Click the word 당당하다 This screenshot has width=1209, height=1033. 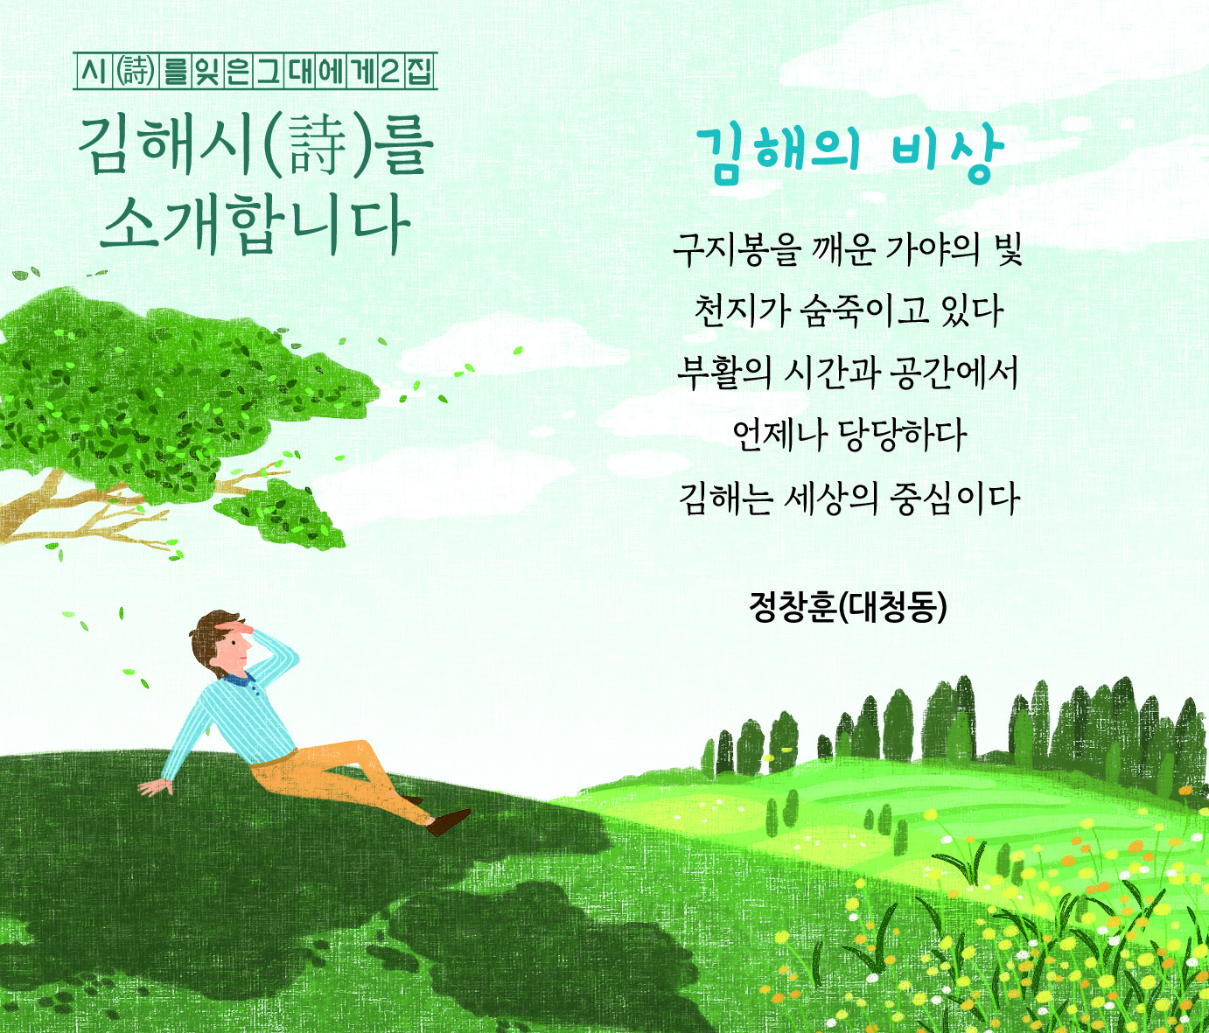[x=902, y=436]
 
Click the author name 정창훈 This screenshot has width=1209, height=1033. [x=793, y=607]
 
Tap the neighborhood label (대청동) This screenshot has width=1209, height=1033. [x=892, y=607]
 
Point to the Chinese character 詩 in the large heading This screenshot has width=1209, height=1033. [x=318, y=146]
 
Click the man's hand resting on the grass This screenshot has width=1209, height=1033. [x=157, y=786]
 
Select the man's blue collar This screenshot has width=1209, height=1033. [x=237, y=679]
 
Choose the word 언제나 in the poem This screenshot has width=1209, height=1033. [x=774, y=436]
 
